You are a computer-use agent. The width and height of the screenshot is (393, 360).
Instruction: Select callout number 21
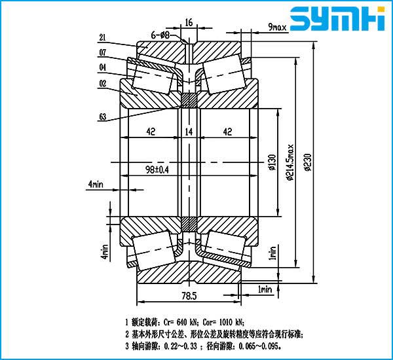tap(103, 38)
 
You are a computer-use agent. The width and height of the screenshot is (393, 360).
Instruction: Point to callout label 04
tap(103, 66)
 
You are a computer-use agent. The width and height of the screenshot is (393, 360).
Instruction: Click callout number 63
tap(103, 117)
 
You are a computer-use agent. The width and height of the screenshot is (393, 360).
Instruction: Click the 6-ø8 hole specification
tap(161, 33)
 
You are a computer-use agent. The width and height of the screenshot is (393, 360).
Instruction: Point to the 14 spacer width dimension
tap(189, 132)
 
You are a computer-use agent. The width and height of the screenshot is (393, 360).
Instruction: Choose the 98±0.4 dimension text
tap(156, 170)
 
